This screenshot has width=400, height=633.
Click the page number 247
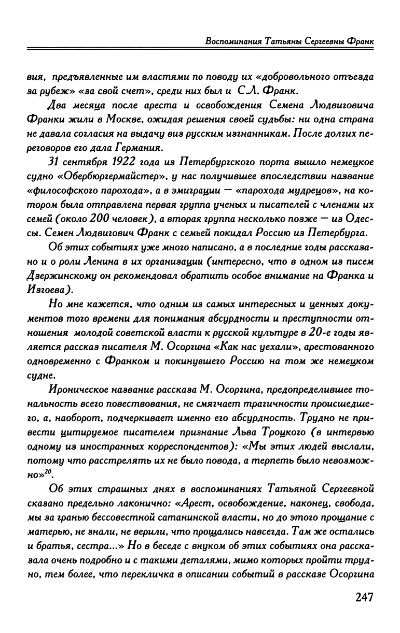[x=357, y=597]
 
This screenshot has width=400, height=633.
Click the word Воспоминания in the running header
[x=231, y=41]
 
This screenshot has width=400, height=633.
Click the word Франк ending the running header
[x=360, y=41]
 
